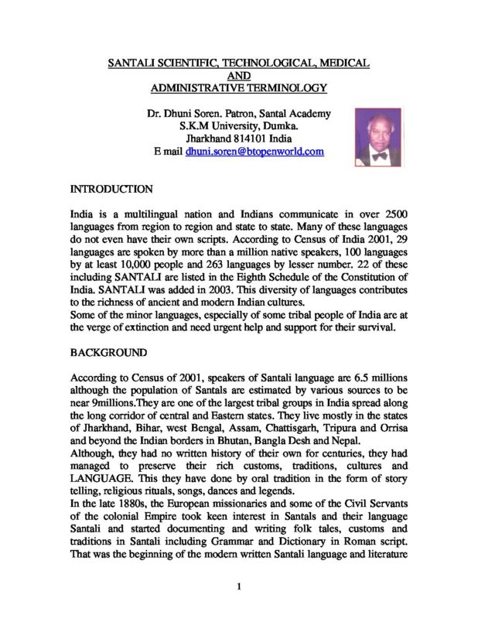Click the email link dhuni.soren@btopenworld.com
254,152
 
